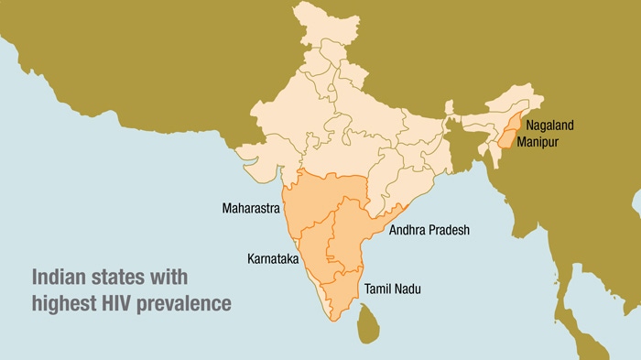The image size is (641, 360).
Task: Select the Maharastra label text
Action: [250, 209]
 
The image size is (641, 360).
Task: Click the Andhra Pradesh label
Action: [429, 230]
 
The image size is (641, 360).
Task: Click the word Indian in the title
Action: [60, 277]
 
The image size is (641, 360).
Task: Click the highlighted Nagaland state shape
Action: [514, 127]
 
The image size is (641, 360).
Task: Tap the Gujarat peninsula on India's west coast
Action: [249, 151]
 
